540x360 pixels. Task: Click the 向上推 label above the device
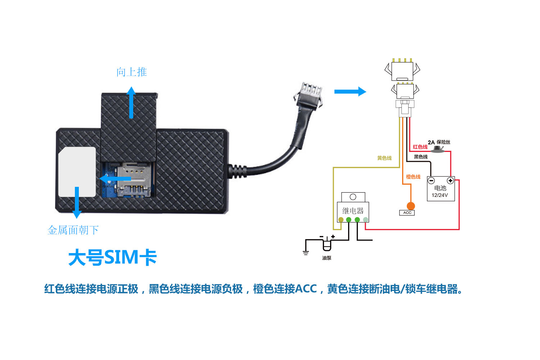pyautogui.click(x=132, y=72)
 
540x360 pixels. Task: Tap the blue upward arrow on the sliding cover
pyautogui.click(x=131, y=103)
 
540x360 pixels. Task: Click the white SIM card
pyautogui.click(x=77, y=172)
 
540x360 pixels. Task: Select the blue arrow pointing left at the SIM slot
pyautogui.click(x=115, y=179)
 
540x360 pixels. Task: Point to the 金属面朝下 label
pyautogui.click(x=73, y=230)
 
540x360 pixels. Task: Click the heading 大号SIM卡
pyautogui.click(x=113, y=257)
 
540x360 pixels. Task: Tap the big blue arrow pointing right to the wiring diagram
pyautogui.click(x=350, y=91)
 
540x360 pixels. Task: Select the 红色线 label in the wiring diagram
pyautogui.click(x=420, y=147)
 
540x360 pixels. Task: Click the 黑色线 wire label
pyautogui.click(x=421, y=157)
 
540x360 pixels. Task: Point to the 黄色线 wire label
pyautogui.click(x=384, y=158)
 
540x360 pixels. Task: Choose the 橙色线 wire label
pyautogui.click(x=413, y=177)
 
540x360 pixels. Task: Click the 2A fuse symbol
pyautogui.click(x=437, y=149)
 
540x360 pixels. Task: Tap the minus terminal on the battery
pyautogui.click(x=431, y=180)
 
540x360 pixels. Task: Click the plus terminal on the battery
pyautogui.click(x=450, y=180)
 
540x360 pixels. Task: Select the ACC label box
pyautogui.click(x=407, y=213)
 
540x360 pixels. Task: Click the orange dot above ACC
pyautogui.click(x=411, y=206)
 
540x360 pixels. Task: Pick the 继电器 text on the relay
pyautogui.click(x=353, y=211)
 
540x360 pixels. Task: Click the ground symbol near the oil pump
pyautogui.click(x=306, y=252)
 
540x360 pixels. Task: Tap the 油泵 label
pyautogui.click(x=327, y=258)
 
